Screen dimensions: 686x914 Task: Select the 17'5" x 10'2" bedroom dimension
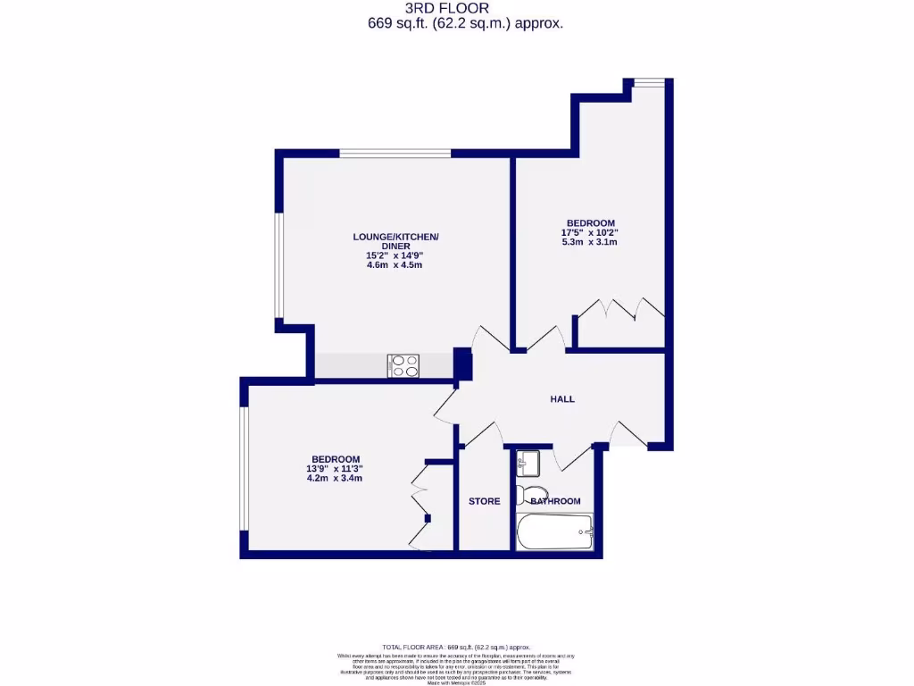pyautogui.click(x=591, y=232)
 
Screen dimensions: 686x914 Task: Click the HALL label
pyautogui.click(x=561, y=398)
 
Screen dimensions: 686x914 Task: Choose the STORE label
pyautogui.click(x=485, y=501)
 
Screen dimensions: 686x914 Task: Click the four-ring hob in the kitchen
pyautogui.click(x=403, y=365)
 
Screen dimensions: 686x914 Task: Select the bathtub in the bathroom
pyautogui.click(x=554, y=533)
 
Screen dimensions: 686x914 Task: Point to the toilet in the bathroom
pyautogui.click(x=533, y=495)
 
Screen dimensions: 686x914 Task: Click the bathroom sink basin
pyautogui.click(x=528, y=463)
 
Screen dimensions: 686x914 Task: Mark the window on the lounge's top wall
pyautogui.click(x=395, y=154)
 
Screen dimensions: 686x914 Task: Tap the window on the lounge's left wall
pyautogui.click(x=278, y=266)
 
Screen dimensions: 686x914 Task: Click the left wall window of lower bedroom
pyautogui.click(x=243, y=469)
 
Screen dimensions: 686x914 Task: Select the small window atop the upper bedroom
pyautogui.click(x=650, y=83)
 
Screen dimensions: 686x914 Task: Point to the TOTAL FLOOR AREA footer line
pyautogui.click(x=456, y=647)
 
